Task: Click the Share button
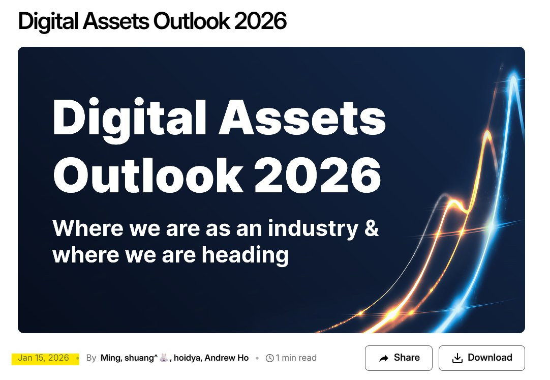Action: click(399, 358)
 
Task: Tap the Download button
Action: click(481, 358)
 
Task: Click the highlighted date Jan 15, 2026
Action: click(44, 358)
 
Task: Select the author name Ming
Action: click(111, 358)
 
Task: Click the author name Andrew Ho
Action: click(227, 358)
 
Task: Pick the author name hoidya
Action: click(188, 358)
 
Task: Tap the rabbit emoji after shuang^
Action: click(164, 358)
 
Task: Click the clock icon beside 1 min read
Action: click(270, 358)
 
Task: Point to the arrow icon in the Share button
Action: click(384, 358)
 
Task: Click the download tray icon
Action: click(457, 358)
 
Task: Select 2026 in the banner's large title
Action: click(317, 174)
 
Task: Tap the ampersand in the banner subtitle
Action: click(372, 228)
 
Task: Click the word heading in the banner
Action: click(245, 255)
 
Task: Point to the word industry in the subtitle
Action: click(313, 229)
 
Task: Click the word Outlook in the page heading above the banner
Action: click(191, 21)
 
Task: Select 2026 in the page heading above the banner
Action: click(261, 21)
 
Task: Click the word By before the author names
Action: click(91, 358)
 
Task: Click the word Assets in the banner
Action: click(302, 117)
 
